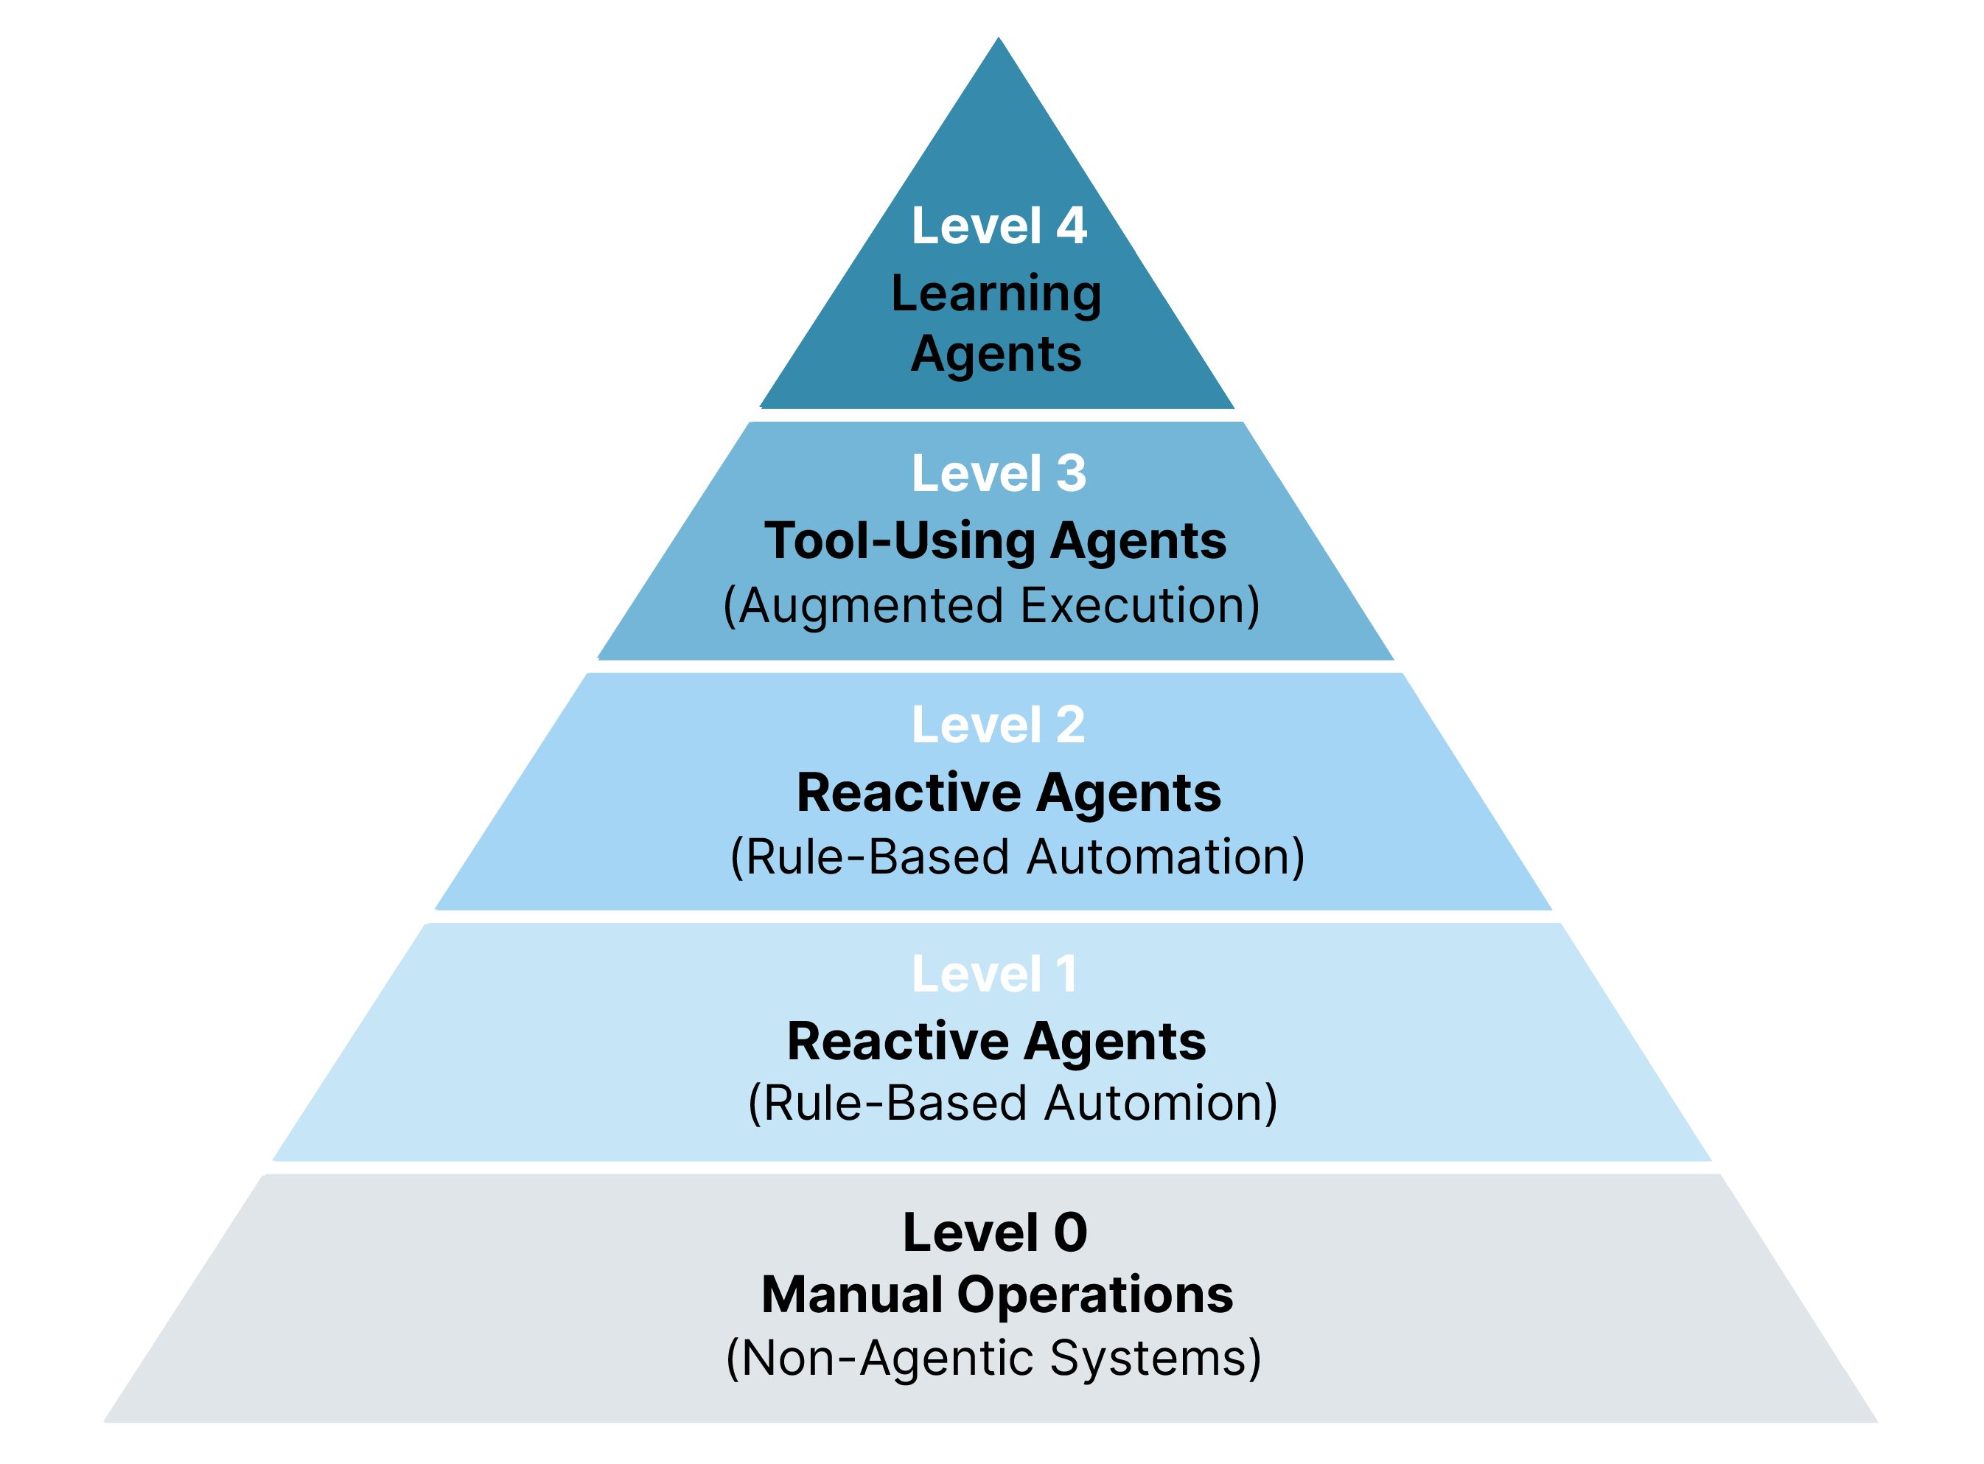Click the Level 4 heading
pyautogui.click(x=999, y=226)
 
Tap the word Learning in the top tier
pyautogui.click(x=997, y=295)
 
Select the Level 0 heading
pyautogui.click(x=995, y=1233)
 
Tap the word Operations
pyautogui.click(x=1095, y=1297)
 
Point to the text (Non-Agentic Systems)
pyautogui.click(x=993, y=1359)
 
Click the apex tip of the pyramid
pyautogui.click(x=999, y=37)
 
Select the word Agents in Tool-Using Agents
pyautogui.click(x=1139, y=543)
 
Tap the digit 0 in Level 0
pyautogui.click(x=1070, y=1233)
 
